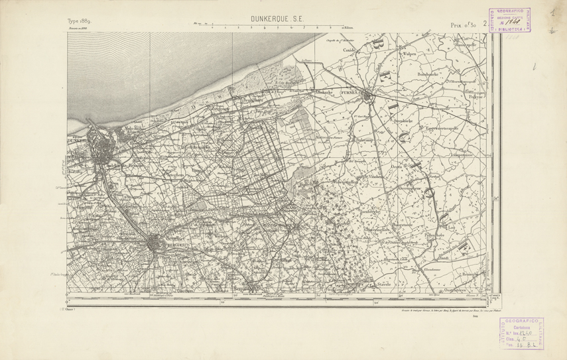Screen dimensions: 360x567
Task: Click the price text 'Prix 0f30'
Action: point(465,25)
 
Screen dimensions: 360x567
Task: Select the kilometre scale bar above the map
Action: point(269,28)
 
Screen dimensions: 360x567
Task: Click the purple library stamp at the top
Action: point(511,20)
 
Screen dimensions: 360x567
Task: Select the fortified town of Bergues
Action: point(155,243)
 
